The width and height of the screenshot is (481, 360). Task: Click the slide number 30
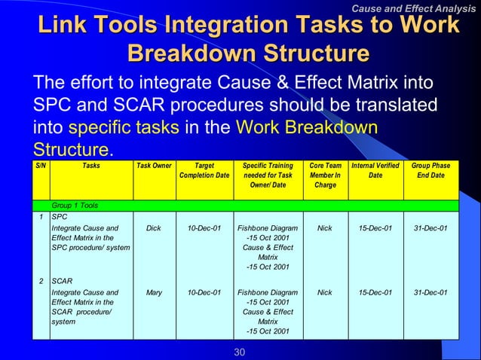point(240,352)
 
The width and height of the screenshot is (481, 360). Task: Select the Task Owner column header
point(154,165)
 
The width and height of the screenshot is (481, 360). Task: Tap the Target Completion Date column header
point(204,170)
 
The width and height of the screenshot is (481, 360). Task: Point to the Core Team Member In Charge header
point(325,175)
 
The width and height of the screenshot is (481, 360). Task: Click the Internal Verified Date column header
point(375,170)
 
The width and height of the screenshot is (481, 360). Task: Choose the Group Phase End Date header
point(431,170)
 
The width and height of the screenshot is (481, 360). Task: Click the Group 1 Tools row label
point(75,205)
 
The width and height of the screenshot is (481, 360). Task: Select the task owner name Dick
point(154,227)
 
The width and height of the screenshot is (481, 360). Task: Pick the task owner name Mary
point(154,292)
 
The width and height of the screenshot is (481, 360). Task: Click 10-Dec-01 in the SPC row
point(204,227)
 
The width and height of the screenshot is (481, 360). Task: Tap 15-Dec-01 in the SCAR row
point(375,292)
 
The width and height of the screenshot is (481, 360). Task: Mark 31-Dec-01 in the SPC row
point(431,227)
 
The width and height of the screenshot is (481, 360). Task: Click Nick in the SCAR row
point(325,292)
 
